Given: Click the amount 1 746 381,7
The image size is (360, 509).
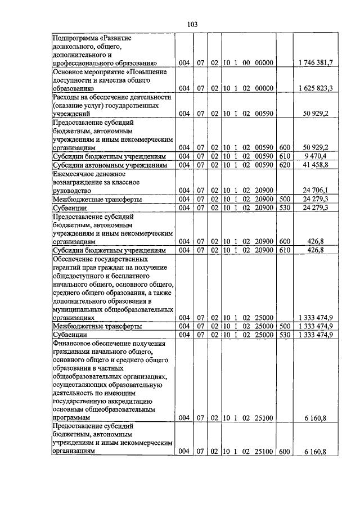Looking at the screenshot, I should point(316,63).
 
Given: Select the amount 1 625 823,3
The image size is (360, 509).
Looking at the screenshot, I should point(316,88).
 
